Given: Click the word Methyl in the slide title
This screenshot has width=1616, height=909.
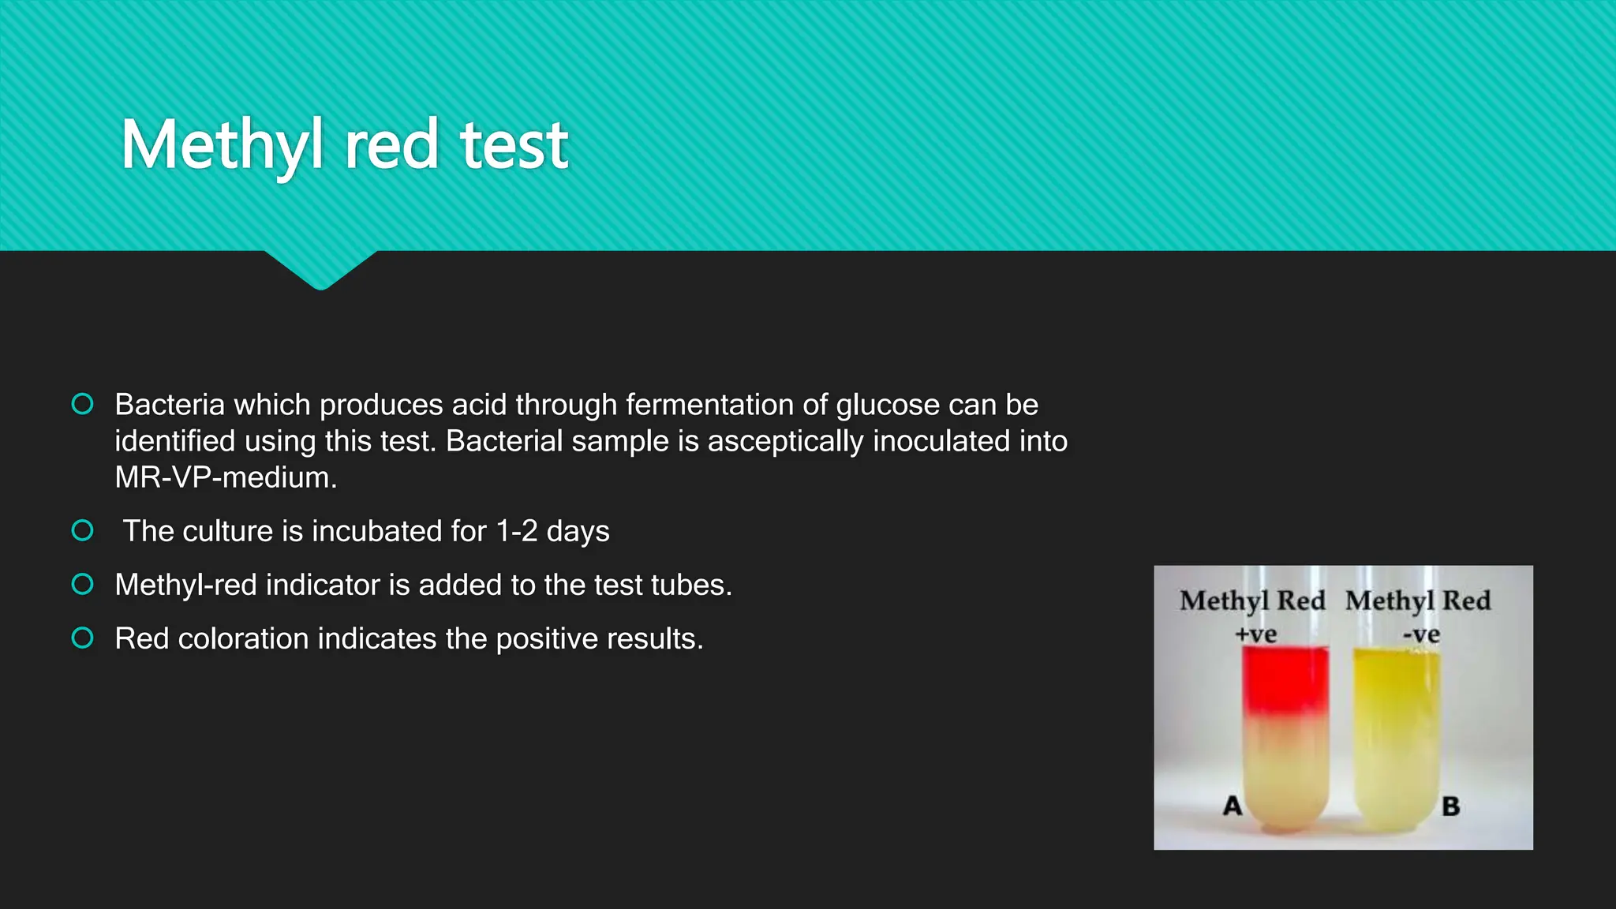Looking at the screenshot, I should coord(222,144).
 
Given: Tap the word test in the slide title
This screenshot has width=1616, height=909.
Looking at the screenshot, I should coord(514,144).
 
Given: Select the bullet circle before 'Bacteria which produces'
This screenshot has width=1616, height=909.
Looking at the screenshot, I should coord(82,404).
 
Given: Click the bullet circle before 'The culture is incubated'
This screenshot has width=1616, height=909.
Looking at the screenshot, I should coord(82,530).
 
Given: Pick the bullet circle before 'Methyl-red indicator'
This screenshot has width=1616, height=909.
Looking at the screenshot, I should coord(82,584).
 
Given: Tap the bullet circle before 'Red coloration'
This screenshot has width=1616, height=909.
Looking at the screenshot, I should coord(82,638).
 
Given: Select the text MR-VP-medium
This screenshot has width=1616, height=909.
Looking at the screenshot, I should coord(226,477).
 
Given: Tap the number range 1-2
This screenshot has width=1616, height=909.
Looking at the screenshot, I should coord(516,531).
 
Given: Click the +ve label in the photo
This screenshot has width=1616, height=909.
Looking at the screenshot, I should coord(1255,634).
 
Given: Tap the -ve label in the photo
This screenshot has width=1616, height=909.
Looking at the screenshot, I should coord(1421,634).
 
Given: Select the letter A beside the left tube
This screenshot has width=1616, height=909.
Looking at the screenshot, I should coord(1233,806).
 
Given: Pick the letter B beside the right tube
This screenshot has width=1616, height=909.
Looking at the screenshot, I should coord(1450,806).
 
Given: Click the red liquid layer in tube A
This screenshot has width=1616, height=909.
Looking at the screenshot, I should coord(1285,679).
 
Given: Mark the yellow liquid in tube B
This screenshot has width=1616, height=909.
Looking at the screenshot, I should coord(1396,710).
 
